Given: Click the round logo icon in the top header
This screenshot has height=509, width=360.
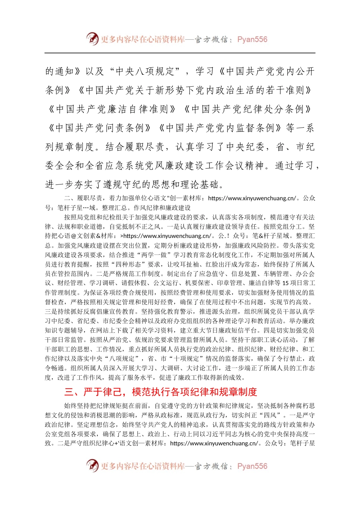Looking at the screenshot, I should [x=92, y=39].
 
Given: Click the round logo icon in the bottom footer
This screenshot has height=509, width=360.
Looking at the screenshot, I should [x=92, y=465].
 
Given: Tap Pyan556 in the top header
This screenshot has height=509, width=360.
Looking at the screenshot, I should [x=252, y=39].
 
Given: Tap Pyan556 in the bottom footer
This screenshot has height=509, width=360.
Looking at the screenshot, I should [x=252, y=466].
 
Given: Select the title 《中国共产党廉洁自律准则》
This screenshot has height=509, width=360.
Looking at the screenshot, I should [x=112, y=109].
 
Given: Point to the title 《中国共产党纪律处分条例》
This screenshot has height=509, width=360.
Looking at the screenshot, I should [x=247, y=109].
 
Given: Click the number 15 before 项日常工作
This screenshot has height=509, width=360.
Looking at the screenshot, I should [x=286, y=283].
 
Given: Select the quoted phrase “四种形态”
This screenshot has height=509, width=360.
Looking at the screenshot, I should [x=129, y=264].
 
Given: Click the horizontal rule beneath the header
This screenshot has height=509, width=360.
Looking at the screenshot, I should [x=180, y=53].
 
